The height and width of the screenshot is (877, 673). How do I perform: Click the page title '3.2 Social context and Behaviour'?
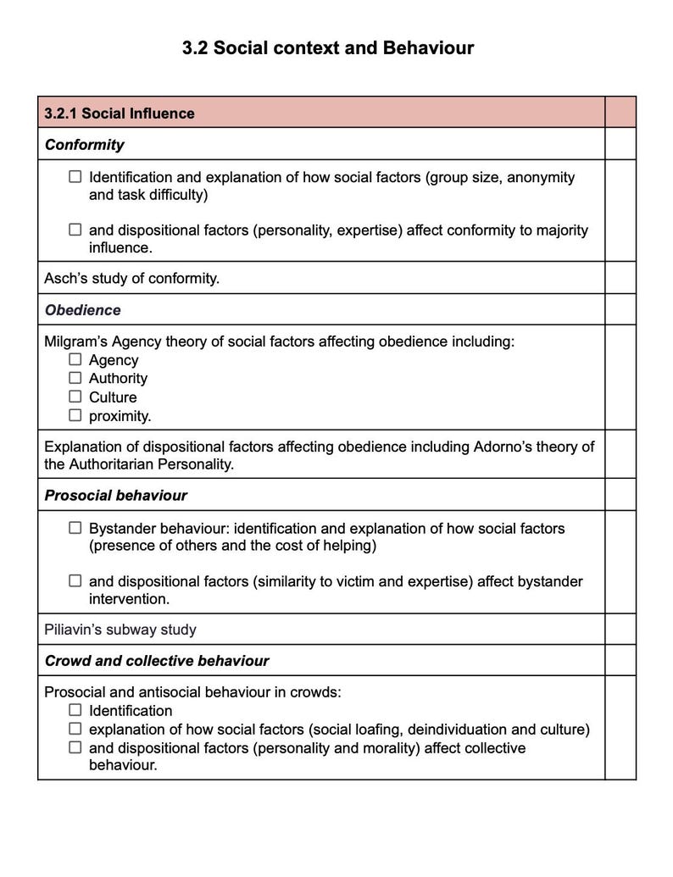click(x=328, y=48)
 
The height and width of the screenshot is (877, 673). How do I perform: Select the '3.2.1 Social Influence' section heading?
click(x=120, y=114)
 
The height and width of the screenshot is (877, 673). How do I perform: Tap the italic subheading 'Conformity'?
click(x=84, y=145)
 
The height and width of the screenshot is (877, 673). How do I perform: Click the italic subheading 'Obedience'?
click(x=82, y=310)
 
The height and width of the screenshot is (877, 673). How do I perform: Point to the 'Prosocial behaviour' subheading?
click(x=115, y=496)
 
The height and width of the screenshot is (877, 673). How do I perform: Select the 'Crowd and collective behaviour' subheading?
click(x=157, y=661)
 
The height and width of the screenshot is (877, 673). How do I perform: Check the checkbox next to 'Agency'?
click(x=75, y=360)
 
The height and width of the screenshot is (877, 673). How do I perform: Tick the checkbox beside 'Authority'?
click(x=75, y=379)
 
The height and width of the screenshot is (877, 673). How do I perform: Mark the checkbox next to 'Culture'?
click(x=75, y=397)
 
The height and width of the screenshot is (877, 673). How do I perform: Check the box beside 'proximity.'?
click(x=75, y=415)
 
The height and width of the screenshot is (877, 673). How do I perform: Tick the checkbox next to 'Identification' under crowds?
click(x=75, y=710)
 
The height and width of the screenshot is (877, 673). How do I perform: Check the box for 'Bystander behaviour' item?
click(x=75, y=528)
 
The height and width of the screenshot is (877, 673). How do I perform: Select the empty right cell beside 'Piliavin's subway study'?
click(x=620, y=630)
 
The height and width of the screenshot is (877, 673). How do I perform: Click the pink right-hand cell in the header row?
click(x=620, y=113)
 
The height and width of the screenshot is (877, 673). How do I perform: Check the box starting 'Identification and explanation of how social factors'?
click(x=75, y=177)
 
